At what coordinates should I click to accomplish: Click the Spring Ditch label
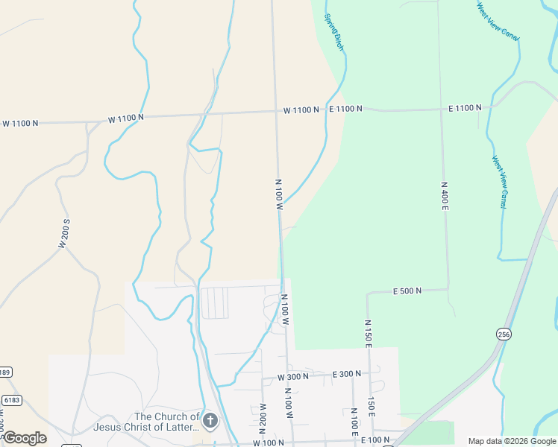click(x=333, y=32)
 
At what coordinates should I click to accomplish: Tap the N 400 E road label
click(x=444, y=194)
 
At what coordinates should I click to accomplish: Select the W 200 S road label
click(x=64, y=232)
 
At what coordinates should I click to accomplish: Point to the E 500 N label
click(x=407, y=291)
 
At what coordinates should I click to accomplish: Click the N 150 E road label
click(x=368, y=333)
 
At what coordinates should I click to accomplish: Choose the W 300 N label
click(x=293, y=377)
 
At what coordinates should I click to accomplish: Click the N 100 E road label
click(x=355, y=422)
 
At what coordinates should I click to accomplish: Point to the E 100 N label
click(x=377, y=440)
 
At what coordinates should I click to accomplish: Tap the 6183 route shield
click(x=10, y=400)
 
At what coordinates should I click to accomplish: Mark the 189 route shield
click(x=4, y=372)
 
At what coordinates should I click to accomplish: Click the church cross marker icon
click(x=210, y=422)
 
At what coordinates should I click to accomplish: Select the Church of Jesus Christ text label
click(x=146, y=422)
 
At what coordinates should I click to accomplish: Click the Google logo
click(x=24, y=438)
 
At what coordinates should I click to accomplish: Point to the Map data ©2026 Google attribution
click(x=512, y=441)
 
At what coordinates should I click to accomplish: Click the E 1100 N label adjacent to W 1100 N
click(x=346, y=109)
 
